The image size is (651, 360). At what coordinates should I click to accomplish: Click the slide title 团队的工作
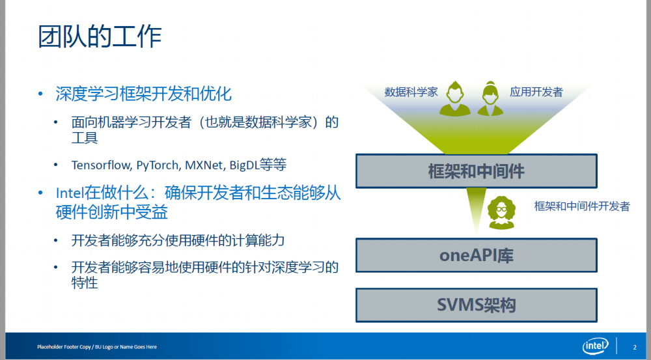coord(100,36)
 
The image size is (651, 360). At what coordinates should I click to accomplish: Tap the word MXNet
coord(204,165)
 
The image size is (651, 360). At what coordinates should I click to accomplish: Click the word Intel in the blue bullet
coord(70,193)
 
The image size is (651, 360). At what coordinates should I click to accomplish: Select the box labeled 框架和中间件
coord(477,171)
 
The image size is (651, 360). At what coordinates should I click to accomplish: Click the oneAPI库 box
coord(477,255)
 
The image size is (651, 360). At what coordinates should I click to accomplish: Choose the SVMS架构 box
coord(477,305)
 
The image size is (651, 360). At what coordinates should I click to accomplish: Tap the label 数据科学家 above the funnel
coord(411,92)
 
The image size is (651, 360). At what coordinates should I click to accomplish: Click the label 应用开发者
coord(536,92)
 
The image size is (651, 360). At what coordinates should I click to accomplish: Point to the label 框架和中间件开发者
coord(582,206)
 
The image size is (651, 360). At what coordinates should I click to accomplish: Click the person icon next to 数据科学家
coord(455,99)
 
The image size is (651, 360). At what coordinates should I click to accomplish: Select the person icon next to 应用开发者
coord(490,99)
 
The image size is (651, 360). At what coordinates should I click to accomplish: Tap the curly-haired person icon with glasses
coord(501,213)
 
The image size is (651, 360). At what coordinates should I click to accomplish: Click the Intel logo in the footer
coord(596,346)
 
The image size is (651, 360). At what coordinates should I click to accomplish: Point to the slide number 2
coord(634,347)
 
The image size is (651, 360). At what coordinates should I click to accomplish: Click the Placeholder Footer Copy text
coord(97,347)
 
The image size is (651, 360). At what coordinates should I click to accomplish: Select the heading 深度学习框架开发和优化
coord(144,94)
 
